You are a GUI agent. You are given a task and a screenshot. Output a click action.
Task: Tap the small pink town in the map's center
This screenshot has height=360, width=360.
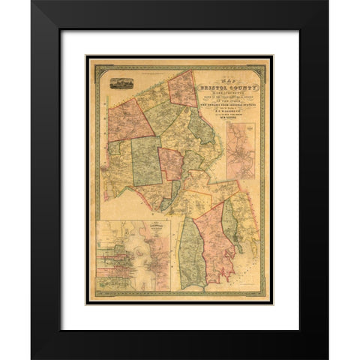tap(170, 163)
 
